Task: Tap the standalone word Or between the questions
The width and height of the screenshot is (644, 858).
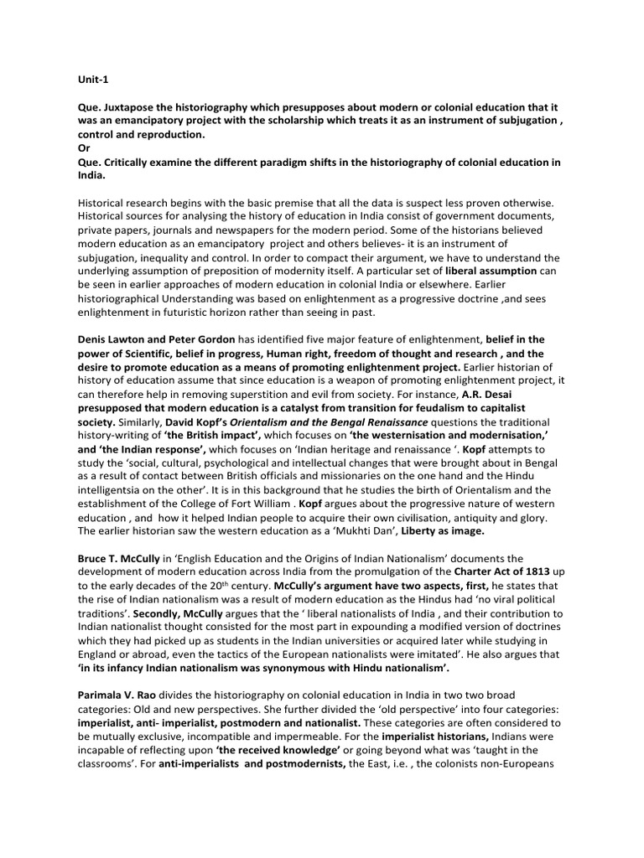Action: coord(84,147)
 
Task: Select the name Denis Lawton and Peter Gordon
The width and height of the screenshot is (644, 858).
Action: coord(157,339)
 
